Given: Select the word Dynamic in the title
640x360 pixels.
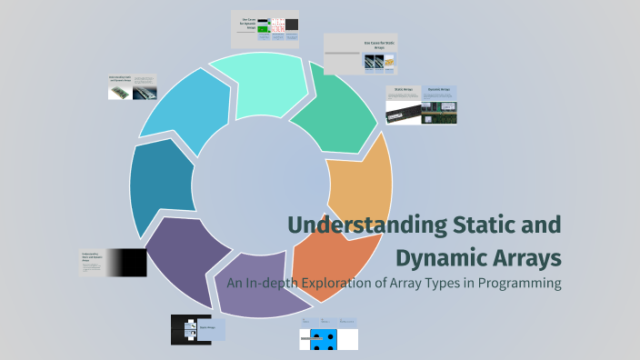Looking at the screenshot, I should coord(442,256).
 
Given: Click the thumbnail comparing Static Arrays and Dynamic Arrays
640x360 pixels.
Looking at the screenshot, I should coord(421,105).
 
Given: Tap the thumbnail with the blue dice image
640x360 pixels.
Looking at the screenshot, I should coord(328,335).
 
